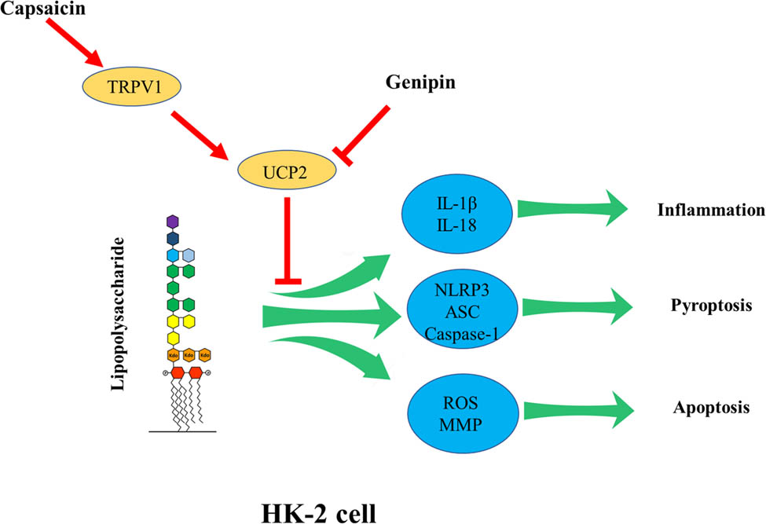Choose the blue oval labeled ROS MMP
[459, 406]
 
